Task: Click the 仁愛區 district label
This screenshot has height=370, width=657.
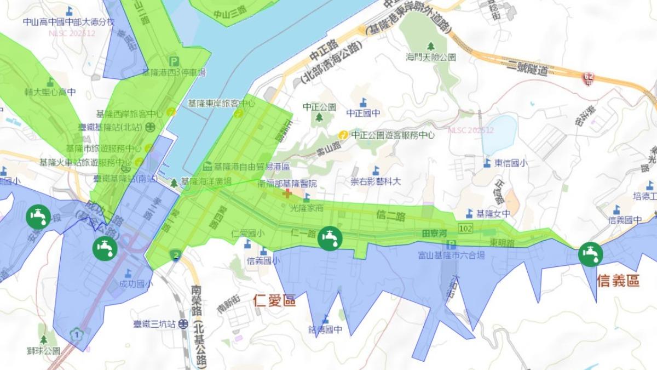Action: [x=275, y=300]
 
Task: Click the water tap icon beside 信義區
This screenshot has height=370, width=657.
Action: [x=590, y=254]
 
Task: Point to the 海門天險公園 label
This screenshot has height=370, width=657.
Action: [x=431, y=56]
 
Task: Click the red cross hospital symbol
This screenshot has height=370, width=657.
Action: [x=286, y=193]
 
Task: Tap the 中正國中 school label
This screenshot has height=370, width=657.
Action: [x=363, y=113]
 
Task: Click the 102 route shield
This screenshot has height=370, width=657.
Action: [x=466, y=227]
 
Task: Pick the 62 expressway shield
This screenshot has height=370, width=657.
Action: [x=588, y=79]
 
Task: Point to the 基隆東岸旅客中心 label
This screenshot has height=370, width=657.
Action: [x=221, y=103]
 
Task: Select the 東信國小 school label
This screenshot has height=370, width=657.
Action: [x=511, y=162]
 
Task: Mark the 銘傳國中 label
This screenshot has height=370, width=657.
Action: [x=326, y=329]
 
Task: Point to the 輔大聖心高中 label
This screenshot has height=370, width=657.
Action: [x=50, y=92]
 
